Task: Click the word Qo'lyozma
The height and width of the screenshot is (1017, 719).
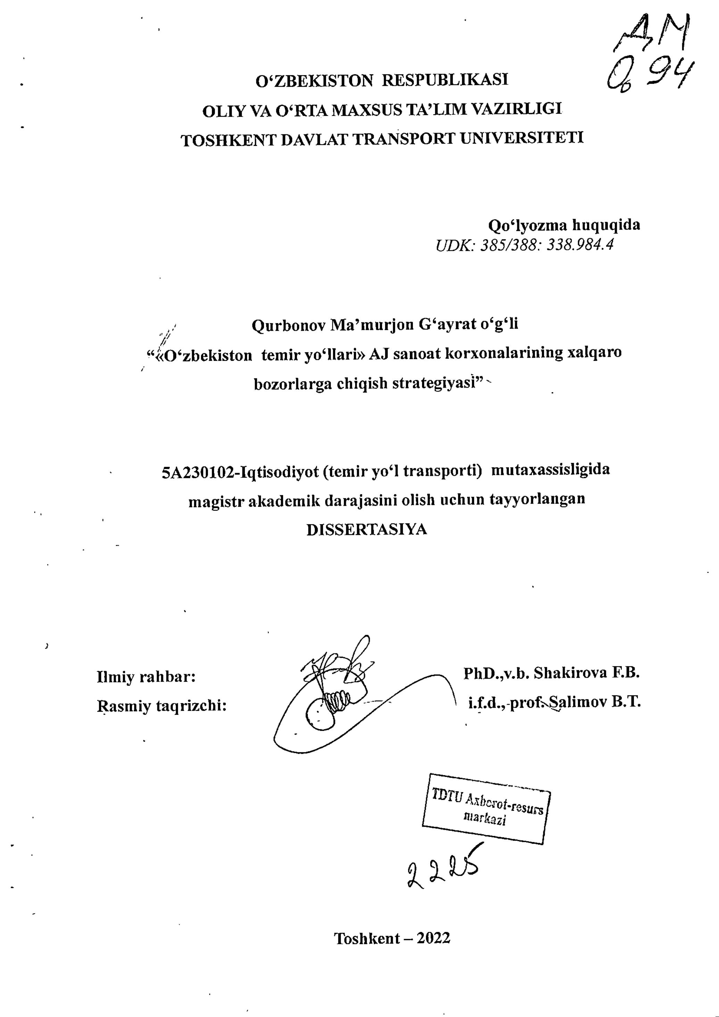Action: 527,225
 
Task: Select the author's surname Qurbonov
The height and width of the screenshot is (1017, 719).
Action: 288,325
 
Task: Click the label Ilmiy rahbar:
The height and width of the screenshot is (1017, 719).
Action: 146,677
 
